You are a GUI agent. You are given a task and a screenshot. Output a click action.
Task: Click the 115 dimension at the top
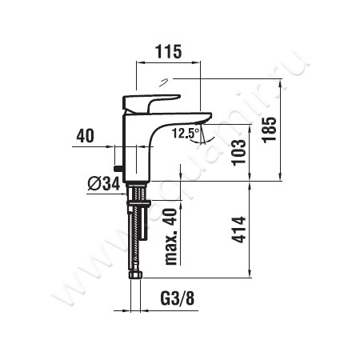tap(168, 51)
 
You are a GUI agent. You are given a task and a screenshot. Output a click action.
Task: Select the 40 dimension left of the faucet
tap(85, 136)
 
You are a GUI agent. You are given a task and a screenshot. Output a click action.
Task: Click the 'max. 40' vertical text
tap(170, 236)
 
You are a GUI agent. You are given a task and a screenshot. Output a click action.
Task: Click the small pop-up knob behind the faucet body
tap(118, 169)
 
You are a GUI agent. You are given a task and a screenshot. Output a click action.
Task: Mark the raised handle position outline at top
tap(165, 81)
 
